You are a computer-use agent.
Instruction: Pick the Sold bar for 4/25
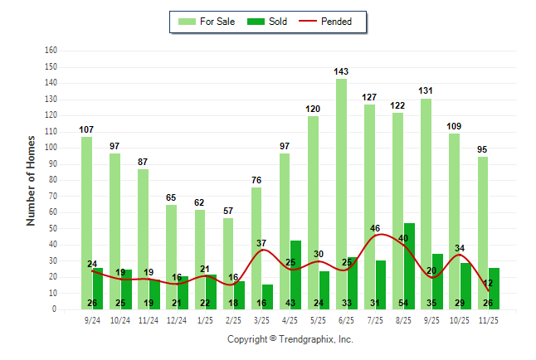click(x=296, y=274)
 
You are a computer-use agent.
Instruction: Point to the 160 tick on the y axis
click(x=51, y=51)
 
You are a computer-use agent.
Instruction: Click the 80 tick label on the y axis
click(x=52, y=180)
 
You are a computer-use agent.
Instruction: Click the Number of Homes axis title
click(x=31, y=180)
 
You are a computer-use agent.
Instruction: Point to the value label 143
click(x=341, y=72)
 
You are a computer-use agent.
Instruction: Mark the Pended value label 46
click(x=375, y=228)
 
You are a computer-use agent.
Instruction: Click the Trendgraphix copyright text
click(x=290, y=339)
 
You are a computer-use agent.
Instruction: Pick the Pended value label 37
click(x=261, y=243)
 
